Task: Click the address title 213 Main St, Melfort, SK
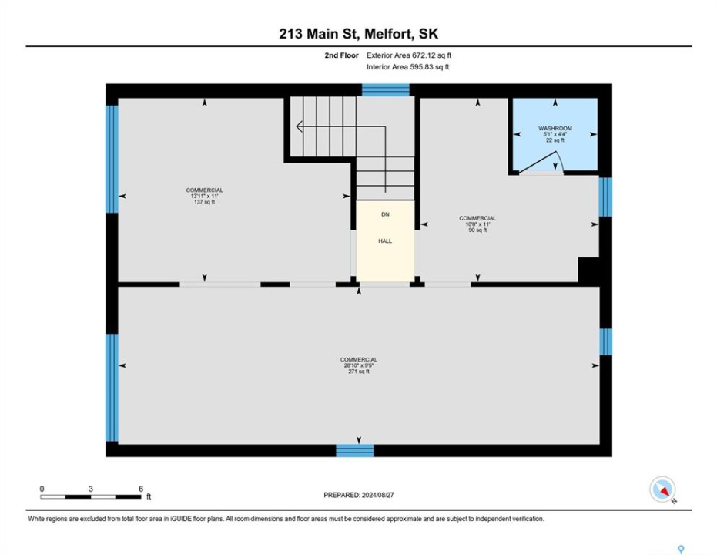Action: (359, 34)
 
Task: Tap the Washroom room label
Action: (555, 128)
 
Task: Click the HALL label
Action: (385, 241)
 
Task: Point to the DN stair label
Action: (385, 214)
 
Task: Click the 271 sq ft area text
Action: (359, 372)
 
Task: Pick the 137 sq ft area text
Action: (204, 202)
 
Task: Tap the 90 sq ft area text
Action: (477, 230)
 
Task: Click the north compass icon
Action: (662, 489)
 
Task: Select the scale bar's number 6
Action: (141, 489)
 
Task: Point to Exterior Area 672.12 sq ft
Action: (409, 55)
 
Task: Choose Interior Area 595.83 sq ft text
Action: (408, 67)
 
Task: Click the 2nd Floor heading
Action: (342, 55)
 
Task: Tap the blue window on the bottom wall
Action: (355, 451)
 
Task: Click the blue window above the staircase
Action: (386, 89)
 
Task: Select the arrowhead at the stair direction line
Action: (299, 126)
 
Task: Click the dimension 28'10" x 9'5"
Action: (359, 365)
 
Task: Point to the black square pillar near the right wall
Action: (588, 271)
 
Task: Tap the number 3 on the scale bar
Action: (91, 489)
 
